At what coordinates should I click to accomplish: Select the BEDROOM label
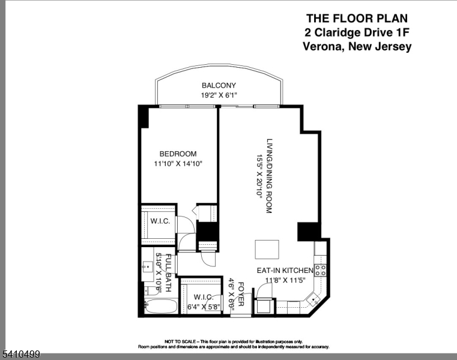[x=178, y=154]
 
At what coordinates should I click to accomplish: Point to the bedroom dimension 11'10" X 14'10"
[x=178, y=163]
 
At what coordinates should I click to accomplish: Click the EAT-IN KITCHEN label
[x=285, y=270]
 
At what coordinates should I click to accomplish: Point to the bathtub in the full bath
[x=161, y=307]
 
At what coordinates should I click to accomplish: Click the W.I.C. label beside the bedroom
[x=160, y=221]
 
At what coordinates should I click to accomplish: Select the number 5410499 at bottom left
[x=20, y=355]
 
